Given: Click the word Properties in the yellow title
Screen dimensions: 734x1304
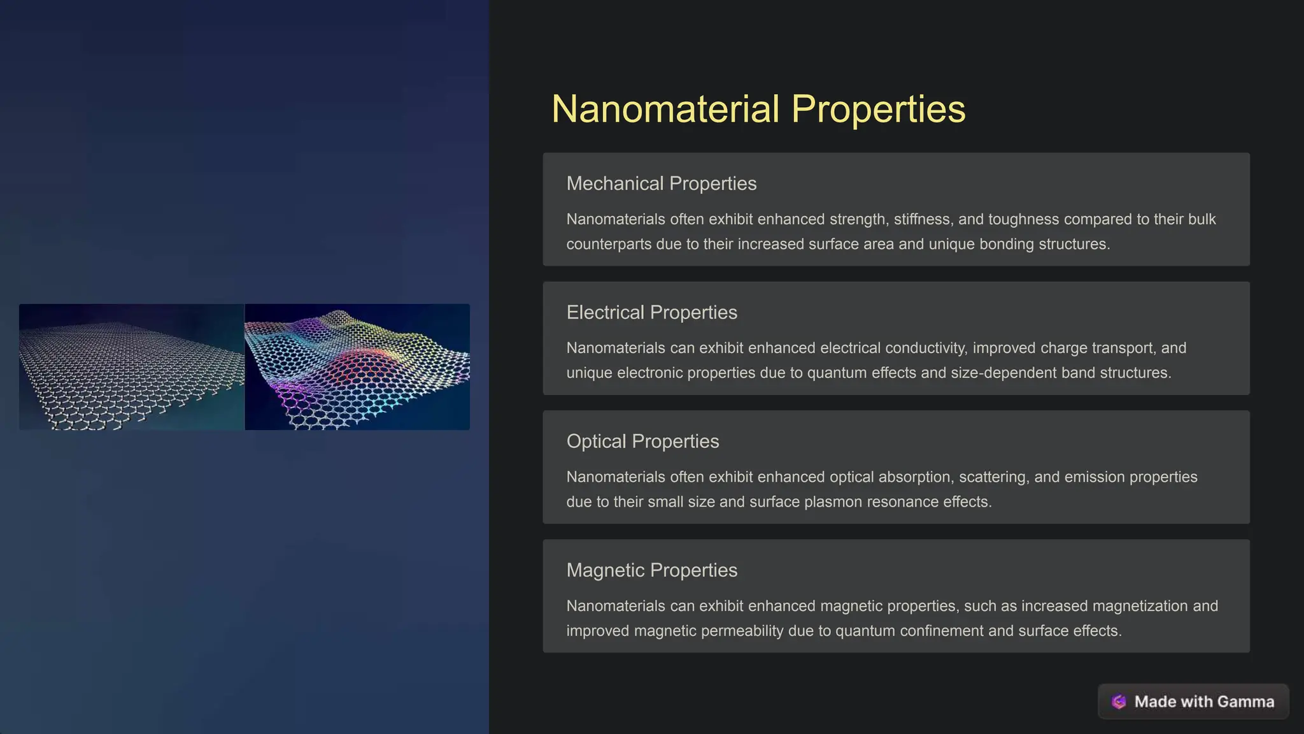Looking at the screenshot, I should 878,109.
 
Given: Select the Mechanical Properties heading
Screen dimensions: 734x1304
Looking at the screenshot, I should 661,183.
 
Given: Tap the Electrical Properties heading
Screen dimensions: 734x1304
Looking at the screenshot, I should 651,312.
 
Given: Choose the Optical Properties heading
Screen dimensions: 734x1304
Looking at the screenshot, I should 642,441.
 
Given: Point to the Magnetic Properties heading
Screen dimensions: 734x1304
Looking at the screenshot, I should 651,570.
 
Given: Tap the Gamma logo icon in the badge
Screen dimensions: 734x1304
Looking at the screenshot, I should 1119,702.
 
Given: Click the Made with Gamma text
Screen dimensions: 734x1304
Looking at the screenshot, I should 1204,702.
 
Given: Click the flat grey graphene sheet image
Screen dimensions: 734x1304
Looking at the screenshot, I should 131,367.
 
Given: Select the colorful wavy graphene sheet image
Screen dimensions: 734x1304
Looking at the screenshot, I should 357,367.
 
